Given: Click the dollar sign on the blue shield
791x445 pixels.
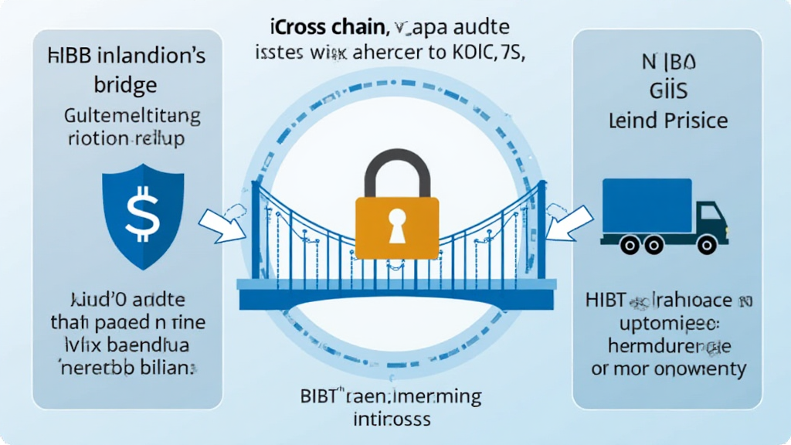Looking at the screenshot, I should (141, 214).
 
